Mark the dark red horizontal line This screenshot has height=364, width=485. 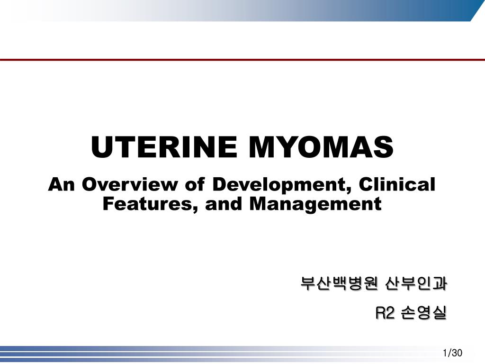click(x=242, y=60)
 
